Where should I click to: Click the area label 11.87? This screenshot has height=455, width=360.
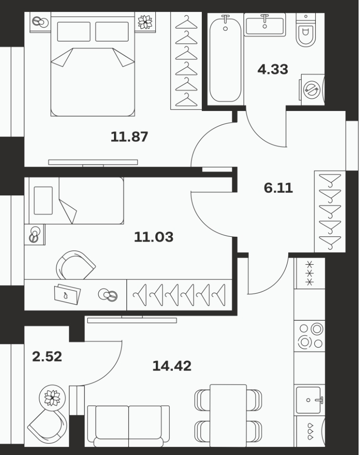[129, 137]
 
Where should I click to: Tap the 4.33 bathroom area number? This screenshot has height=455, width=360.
[273, 69]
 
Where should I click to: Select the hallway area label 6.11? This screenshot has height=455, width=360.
[278, 188]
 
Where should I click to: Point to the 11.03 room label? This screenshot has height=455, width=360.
[154, 237]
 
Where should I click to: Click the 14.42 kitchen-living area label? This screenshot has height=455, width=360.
[172, 366]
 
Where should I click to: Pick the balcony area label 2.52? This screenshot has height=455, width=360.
[47, 357]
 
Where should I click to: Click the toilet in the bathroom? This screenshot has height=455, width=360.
[306, 31]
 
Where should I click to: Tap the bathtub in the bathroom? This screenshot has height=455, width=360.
[226, 59]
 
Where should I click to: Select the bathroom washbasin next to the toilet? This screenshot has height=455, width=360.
[265, 25]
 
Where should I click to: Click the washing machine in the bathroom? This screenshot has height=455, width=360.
[312, 90]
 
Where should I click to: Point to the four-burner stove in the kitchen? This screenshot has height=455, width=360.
[310, 336]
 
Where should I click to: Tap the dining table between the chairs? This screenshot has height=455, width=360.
[228, 416]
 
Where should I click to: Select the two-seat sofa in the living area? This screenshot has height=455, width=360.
[128, 426]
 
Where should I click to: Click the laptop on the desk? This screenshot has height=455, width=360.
[67, 294]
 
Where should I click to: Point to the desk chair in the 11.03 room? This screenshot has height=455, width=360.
[76, 265]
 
